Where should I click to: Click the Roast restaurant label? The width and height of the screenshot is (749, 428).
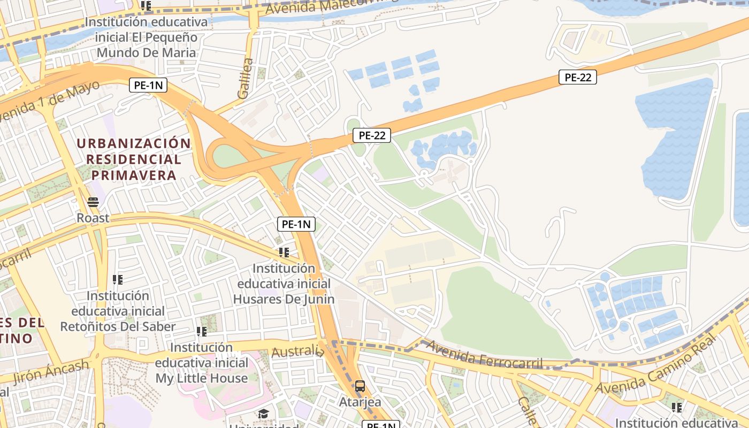(93, 218)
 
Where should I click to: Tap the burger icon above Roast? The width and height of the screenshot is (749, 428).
(93, 202)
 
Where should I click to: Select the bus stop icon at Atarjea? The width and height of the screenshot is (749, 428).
(360, 386)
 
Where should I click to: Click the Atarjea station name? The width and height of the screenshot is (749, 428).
(360, 401)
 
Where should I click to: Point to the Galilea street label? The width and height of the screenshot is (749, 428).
(244, 78)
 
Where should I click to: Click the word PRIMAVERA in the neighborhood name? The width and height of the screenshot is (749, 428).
(134, 175)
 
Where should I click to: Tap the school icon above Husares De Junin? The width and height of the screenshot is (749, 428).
(284, 252)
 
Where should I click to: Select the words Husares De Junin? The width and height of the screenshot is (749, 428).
(284, 299)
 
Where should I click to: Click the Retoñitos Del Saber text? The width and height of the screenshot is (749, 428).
(118, 326)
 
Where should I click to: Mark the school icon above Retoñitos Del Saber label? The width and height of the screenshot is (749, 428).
(118, 279)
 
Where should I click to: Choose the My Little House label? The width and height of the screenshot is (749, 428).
(202, 378)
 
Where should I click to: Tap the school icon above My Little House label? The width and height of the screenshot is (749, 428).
(202, 332)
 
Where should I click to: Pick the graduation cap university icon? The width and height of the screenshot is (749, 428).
(263, 414)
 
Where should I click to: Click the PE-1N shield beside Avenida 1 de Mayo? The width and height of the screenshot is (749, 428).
(148, 85)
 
